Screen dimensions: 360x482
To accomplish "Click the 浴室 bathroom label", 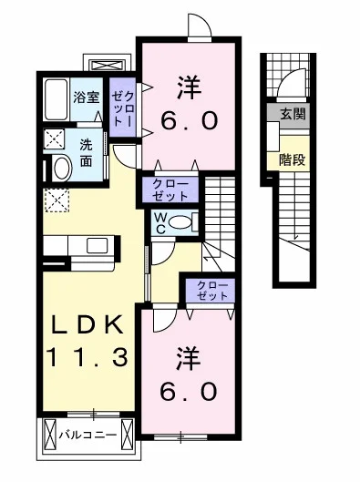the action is [87, 97].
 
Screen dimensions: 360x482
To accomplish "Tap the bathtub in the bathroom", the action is [57, 99].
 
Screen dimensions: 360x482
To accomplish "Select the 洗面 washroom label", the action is [86, 153].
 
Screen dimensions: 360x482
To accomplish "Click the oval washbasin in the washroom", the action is [62, 168].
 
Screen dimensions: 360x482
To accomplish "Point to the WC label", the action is [160, 223].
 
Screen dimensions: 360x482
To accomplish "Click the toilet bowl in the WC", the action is [180, 222].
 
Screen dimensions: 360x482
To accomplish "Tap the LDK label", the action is [87, 325].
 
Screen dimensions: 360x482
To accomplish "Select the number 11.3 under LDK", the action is [87, 357].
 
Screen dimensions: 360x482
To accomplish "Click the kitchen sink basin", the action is [97, 246].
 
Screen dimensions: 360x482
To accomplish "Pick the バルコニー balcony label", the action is [88, 435].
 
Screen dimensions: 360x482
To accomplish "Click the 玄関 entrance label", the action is [293, 114].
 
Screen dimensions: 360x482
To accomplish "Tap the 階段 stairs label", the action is [292, 159].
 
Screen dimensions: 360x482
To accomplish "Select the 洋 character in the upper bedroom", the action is [189, 87].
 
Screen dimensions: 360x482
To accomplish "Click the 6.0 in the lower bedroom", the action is [189, 392].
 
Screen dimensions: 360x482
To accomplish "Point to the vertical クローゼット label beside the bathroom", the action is [123, 108].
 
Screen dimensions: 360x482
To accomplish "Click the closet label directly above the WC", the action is [170, 190].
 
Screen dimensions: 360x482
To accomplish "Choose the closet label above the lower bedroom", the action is [211, 290].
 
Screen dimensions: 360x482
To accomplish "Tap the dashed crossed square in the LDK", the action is [57, 200].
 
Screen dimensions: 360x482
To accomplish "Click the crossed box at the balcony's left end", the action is [49, 435].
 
